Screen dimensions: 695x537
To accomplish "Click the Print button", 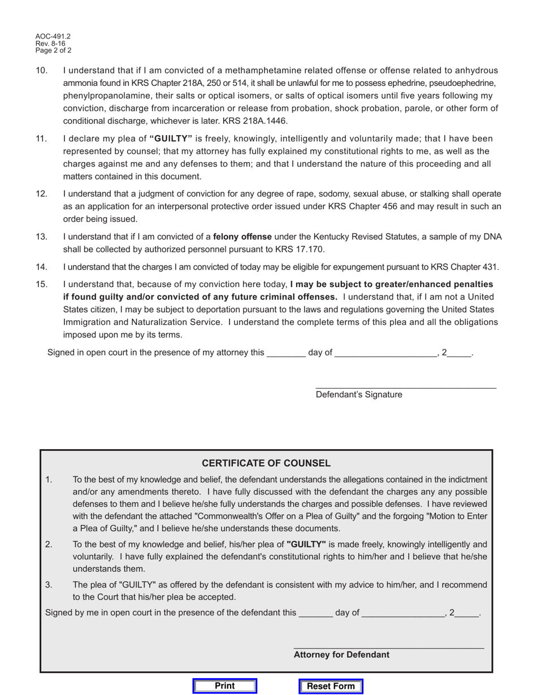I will pos(224,686).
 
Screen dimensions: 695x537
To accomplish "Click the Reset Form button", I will pos(331,687).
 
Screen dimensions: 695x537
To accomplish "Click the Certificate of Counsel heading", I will pos(266,463).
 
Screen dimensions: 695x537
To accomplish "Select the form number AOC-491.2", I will pos(53,36).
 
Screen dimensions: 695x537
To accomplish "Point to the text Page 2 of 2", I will pos(54,50).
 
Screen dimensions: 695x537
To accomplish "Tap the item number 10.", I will pos(41,71).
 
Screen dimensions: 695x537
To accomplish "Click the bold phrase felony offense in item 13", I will pos(242,237).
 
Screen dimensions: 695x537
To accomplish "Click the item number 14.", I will pos(41,267).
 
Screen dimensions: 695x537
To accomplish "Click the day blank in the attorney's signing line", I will pos(315,614).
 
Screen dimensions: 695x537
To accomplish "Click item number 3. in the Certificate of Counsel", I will pos(49,585).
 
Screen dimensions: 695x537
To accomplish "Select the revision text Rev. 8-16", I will pos(50,44).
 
